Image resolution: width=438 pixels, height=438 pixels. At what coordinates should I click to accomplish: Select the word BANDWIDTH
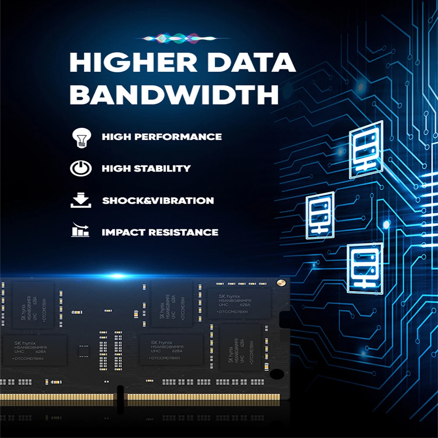[174, 94]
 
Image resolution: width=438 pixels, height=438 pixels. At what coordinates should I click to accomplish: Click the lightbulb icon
[81, 137]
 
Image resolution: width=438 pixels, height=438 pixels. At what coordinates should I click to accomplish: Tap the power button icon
[81, 169]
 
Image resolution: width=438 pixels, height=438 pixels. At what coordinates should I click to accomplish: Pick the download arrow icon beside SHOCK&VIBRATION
[81, 201]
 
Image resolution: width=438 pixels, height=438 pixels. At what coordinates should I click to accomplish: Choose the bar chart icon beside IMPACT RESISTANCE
[81, 231]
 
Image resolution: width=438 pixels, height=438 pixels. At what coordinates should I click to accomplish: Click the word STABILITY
[163, 169]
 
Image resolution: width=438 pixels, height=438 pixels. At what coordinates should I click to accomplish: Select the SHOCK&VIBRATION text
[158, 201]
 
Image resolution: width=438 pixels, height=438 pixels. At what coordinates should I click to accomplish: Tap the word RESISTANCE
[183, 232]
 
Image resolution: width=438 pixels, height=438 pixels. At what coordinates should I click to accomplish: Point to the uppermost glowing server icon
[365, 149]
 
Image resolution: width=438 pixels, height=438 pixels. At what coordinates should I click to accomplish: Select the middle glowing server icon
[320, 215]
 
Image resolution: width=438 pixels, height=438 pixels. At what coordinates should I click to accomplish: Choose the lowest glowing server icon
[364, 268]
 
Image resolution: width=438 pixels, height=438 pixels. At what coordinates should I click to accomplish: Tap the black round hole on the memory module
[277, 374]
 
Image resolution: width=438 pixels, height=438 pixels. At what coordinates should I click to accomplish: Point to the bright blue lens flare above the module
[117, 275]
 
